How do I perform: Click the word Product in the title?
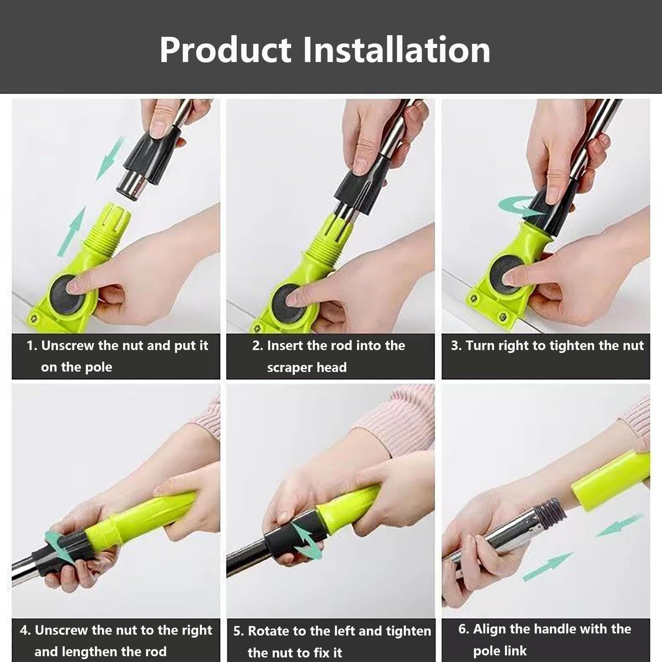point(225,50)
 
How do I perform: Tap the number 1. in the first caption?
point(32,346)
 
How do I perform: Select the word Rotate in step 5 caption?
point(268,631)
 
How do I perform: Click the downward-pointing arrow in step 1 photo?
point(110,159)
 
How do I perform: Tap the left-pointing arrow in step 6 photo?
point(619,525)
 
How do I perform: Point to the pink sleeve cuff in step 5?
point(393,422)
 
